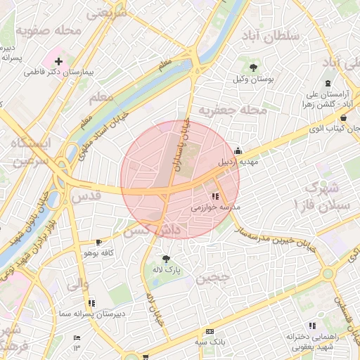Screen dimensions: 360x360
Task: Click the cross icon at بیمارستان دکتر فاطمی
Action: [x=58, y=62]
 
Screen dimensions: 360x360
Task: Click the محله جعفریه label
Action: [x=233, y=110]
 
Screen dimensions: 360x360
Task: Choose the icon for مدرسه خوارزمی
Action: [x=215, y=197]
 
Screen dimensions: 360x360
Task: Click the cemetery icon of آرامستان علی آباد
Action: [x=328, y=84]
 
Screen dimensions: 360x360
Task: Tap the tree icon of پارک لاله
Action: [x=166, y=258]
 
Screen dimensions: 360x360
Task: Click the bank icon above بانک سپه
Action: [x=210, y=331]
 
